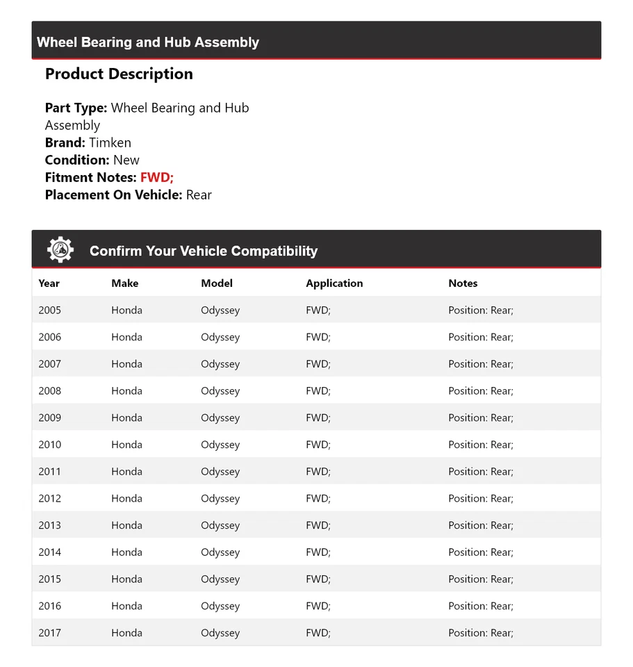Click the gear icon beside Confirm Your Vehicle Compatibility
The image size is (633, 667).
(60, 250)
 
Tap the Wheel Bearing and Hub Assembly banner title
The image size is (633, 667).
(148, 42)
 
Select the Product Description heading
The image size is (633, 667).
(119, 74)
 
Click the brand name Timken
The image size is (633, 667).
(110, 142)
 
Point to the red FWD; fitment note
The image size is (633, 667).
(157, 177)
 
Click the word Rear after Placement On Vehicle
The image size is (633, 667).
(199, 195)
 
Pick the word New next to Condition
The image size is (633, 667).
(126, 160)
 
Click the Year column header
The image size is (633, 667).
(49, 283)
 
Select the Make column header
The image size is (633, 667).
(125, 283)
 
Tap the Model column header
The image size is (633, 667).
(217, 283)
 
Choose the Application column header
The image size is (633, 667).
(334, 283)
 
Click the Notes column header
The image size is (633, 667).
(463, 283)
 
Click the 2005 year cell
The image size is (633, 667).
(50, 311)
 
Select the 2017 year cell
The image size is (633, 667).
(50, 633)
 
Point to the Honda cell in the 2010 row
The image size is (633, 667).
(126, 445)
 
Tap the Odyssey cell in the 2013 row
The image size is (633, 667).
(220, 525)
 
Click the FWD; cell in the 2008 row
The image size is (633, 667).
(318, 391)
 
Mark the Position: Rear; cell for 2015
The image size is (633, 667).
(481, 579)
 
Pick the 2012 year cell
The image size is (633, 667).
(50, 499)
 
